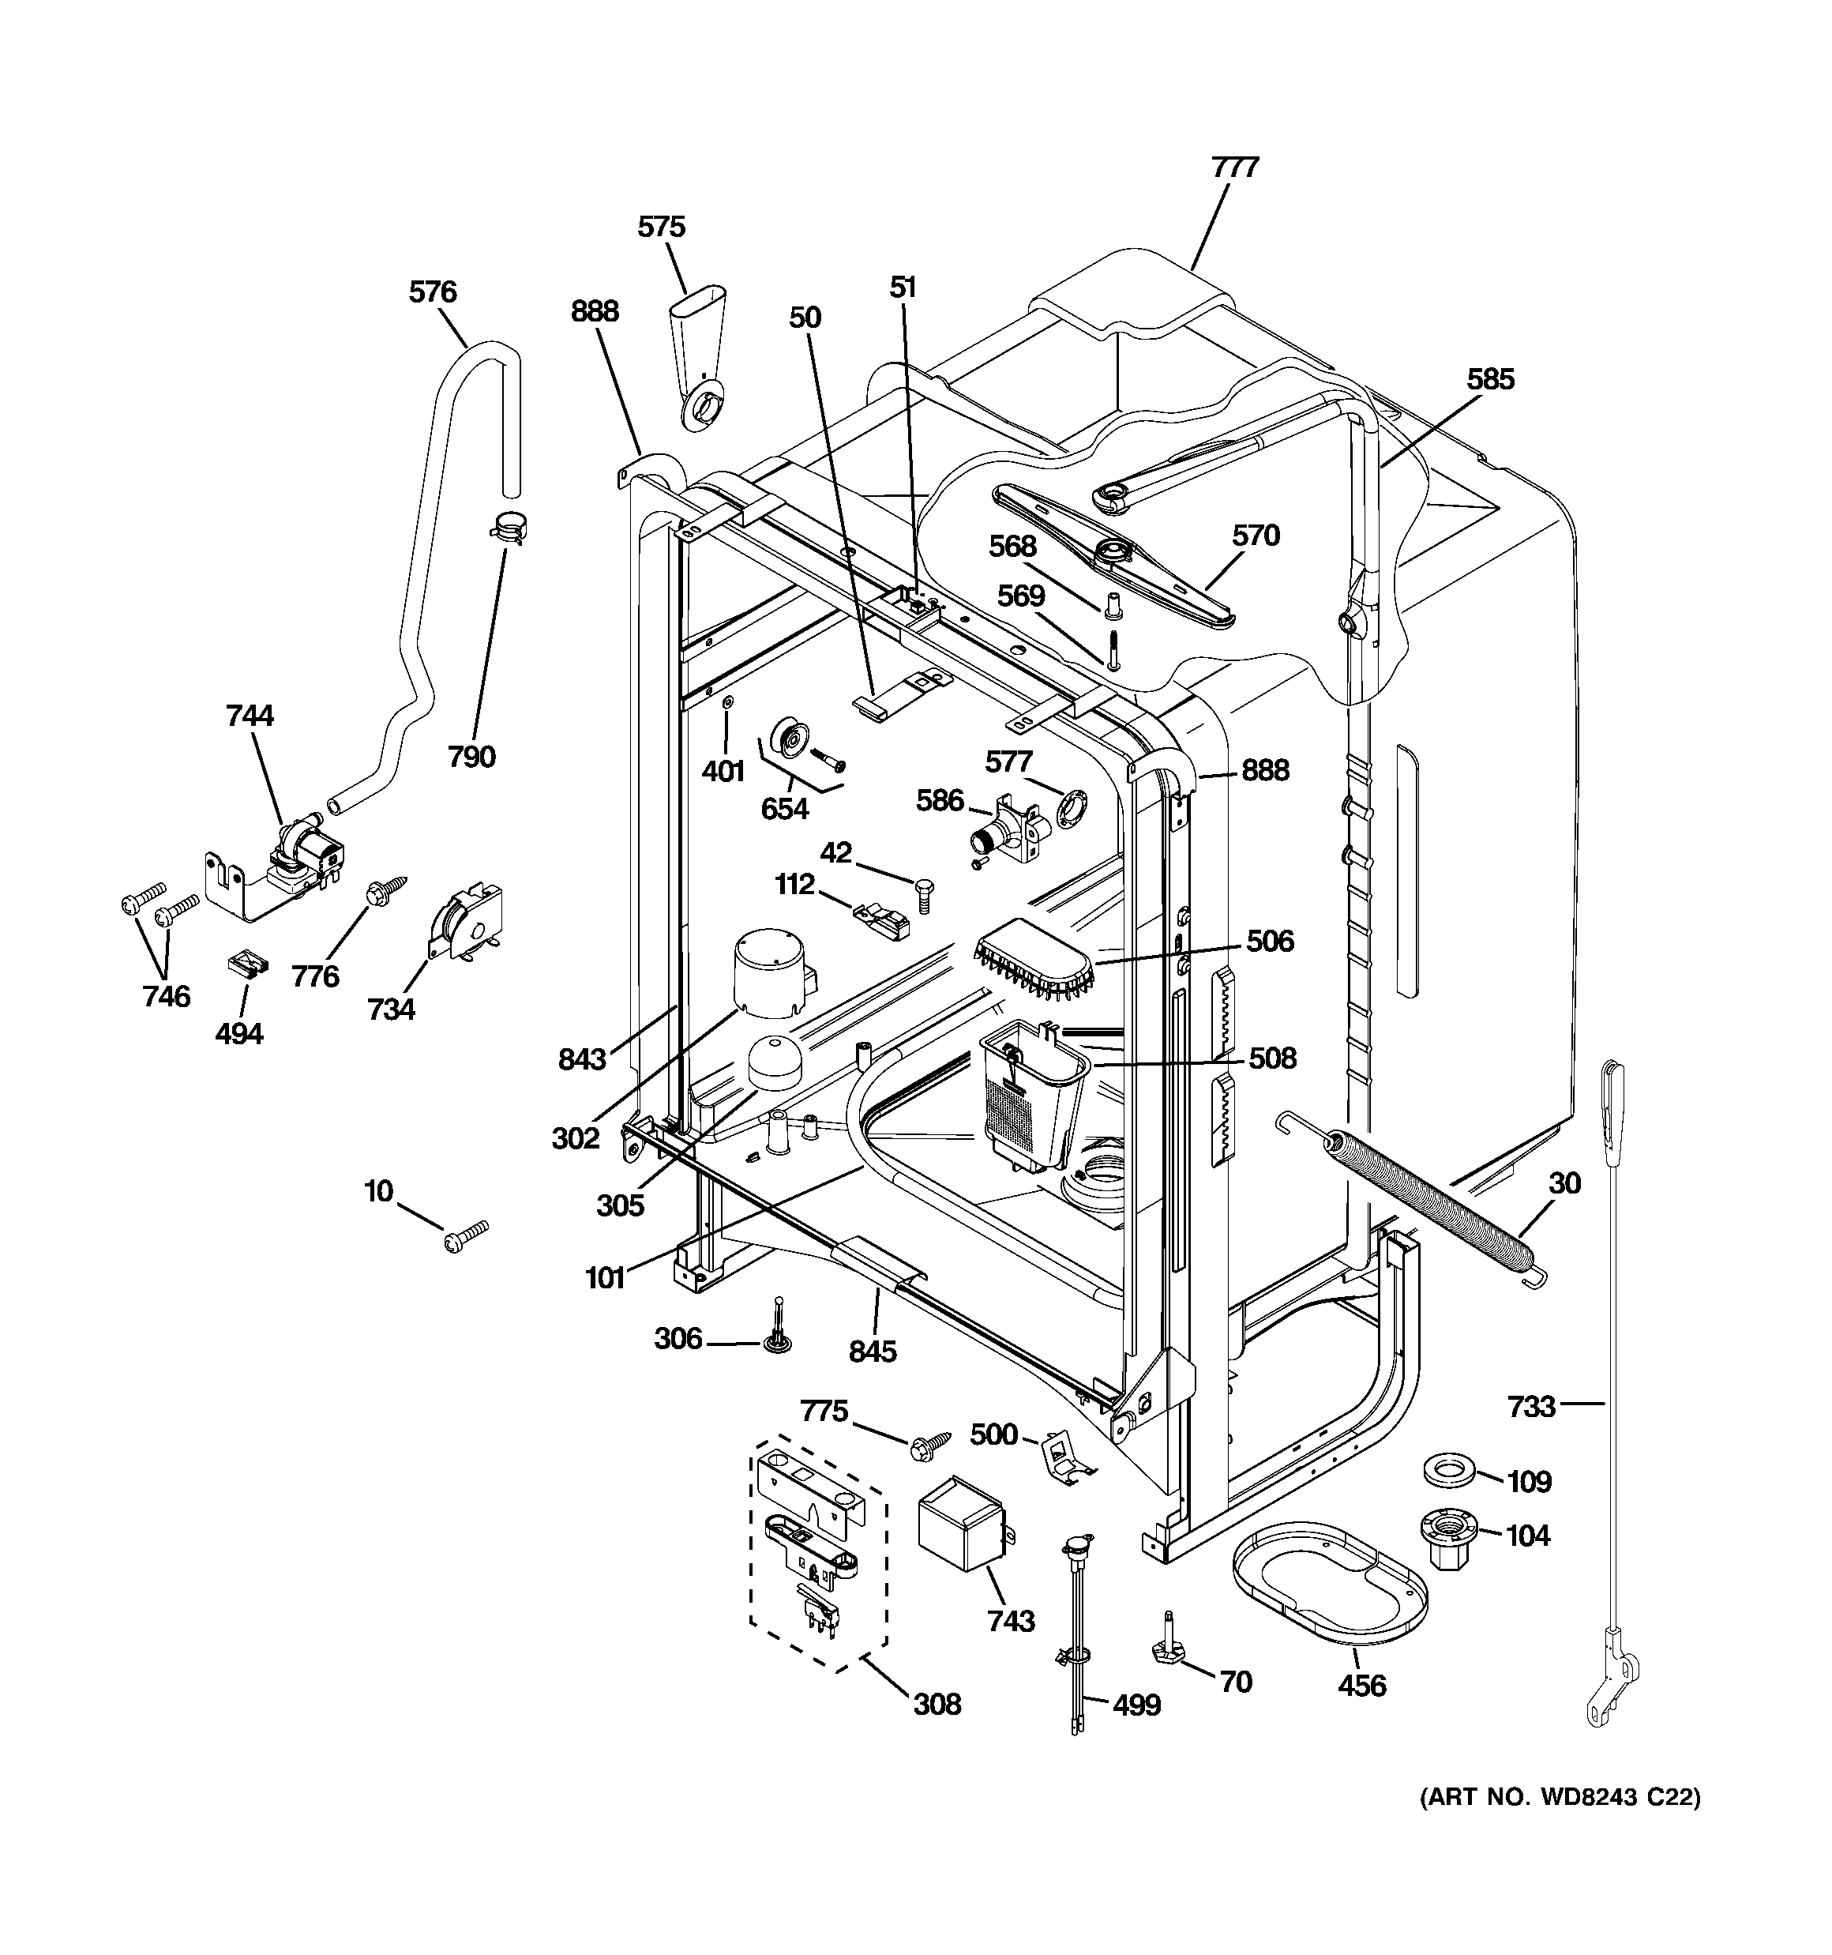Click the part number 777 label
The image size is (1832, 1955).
click(x=1235, y=167)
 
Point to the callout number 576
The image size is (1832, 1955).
click(x=433, y=292)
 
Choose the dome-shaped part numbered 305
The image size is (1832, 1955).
click(x=776, y=1062)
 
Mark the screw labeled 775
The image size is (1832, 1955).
click(x=930, y=1442)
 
